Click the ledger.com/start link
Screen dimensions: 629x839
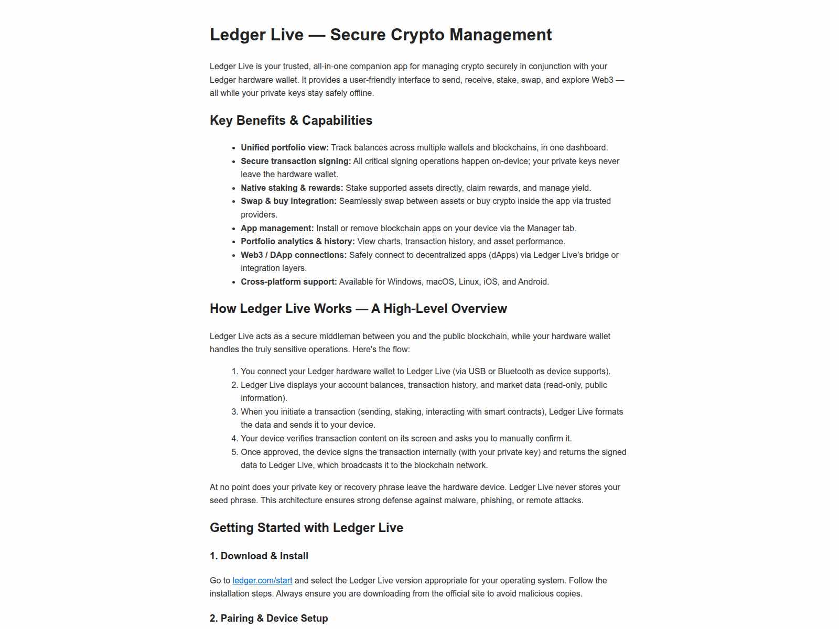point(262,580)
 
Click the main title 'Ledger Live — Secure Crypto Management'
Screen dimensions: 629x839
point(381,35)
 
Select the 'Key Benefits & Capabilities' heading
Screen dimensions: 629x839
point(291,121)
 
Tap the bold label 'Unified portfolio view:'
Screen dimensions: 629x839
point(285,148)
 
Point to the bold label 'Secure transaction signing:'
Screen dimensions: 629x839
point(296,161)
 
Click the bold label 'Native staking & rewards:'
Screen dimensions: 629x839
point(292,188)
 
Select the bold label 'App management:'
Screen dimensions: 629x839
point(277,229)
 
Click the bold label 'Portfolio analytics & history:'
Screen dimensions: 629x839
point(298,242)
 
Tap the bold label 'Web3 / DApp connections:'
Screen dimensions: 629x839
point(294,255)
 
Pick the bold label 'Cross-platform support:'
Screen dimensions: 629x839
point(289,282)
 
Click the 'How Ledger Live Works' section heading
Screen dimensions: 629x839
point(358,309)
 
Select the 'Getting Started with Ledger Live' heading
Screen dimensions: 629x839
point(306,528)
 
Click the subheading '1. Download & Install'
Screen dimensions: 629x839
point(259,556)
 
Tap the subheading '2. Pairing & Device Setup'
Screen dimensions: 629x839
point(269,619)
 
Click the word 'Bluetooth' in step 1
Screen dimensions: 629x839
point(515,372)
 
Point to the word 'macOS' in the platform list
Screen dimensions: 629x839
point(440,282)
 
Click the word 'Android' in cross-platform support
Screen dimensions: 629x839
point(533,282)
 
